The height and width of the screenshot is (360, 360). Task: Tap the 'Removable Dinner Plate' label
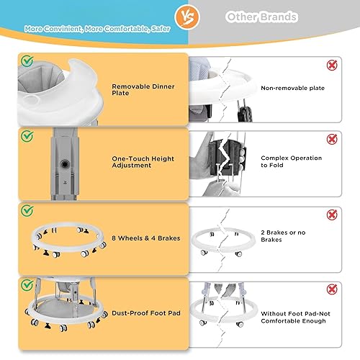(x=138, y=89)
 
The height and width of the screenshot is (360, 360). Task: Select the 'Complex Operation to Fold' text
(x=291, y=161)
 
